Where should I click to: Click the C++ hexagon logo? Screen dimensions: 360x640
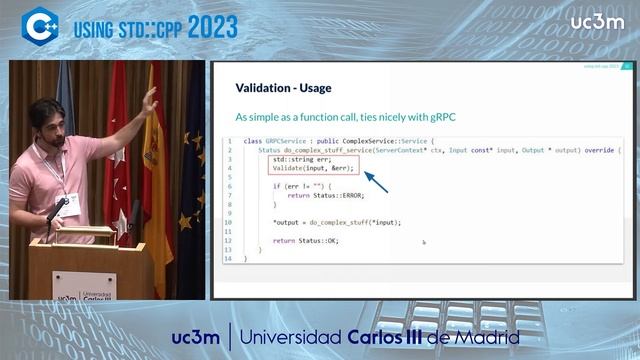tap(40, 26)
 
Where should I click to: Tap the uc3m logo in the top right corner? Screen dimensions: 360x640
tap(598, 23)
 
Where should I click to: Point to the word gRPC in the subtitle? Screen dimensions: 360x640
tap(439, 117)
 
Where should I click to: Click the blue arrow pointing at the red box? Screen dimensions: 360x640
tap(375, 182)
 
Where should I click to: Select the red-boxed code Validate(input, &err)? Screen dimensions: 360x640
tap(313, 168)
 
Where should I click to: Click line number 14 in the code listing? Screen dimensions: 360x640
tap(227, 258)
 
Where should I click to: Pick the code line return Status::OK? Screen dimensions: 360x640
tap(305, 240)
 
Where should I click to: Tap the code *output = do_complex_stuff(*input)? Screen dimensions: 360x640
tap(336, 222)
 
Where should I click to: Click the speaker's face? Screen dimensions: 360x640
tap(47, 128)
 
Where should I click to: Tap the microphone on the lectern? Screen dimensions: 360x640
tap(56, 211)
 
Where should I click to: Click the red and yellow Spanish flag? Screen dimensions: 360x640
tap(151, 150)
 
